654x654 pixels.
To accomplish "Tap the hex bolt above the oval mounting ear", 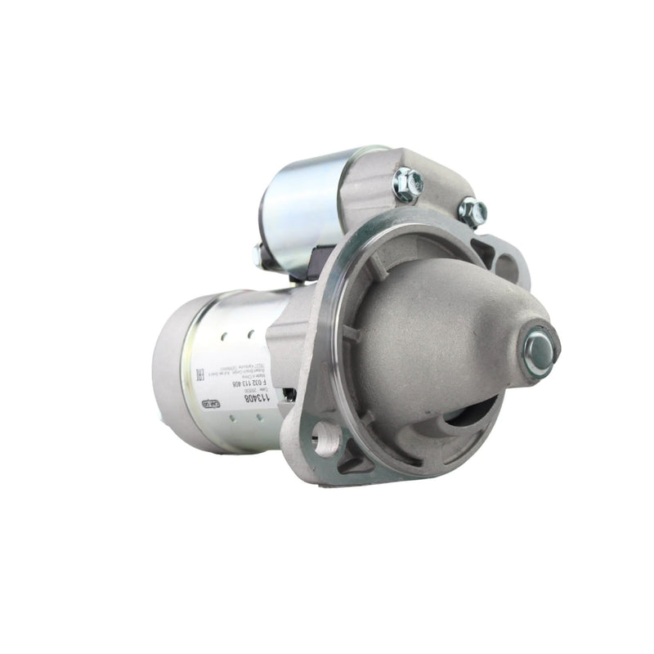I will point(472,211).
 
